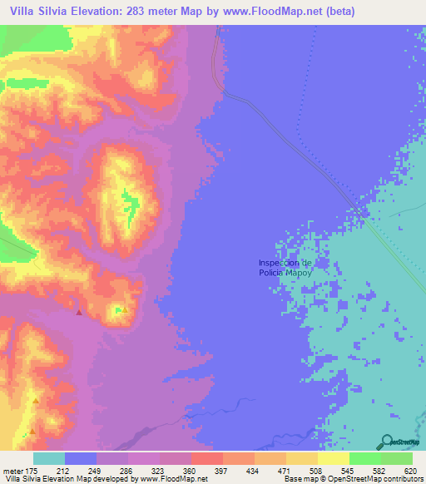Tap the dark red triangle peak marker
(x=79, y=313)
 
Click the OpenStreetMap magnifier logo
(x=385, y=442)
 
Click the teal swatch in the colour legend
(x=49, y=458)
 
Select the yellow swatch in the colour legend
(x=333, y=458)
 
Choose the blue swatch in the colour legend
(x=81, y=458)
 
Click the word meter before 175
(x=14, y=470)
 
